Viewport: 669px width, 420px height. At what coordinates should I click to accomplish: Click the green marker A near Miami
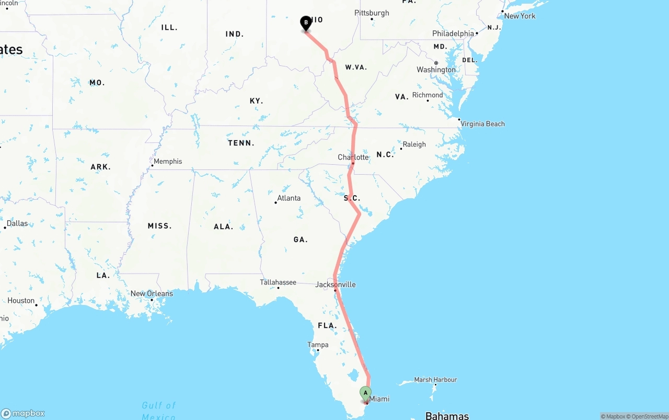click(365, 392)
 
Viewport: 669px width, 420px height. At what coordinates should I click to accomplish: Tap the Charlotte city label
click(353, 157)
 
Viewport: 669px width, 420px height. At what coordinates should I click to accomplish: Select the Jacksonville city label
click(336, 285)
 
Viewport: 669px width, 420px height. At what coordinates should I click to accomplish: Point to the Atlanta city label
click(289, 198)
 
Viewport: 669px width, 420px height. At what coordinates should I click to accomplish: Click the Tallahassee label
click(278, 282)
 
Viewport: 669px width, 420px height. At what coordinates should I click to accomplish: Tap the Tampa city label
click(318, 345)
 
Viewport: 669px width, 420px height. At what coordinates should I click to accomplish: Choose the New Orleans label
click(152, 293)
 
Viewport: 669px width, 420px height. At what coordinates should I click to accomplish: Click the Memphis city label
click(168, 161)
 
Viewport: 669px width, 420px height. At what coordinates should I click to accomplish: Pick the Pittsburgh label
click(372, 13)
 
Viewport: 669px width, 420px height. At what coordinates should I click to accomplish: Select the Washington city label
click(436, 70)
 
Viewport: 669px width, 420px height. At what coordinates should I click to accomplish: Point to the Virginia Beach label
click(482, 124)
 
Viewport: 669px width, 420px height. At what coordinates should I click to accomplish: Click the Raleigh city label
click(414, 144)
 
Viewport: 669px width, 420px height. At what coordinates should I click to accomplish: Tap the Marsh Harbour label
click(435, 380)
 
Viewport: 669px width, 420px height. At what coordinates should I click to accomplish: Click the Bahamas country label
click(447, 416)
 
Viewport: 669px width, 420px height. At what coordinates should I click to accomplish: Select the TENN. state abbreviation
click(241, 143)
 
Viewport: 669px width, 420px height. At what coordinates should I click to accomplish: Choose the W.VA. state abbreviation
click(356, 67)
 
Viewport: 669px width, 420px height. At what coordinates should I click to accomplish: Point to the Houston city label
click(21, 301)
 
